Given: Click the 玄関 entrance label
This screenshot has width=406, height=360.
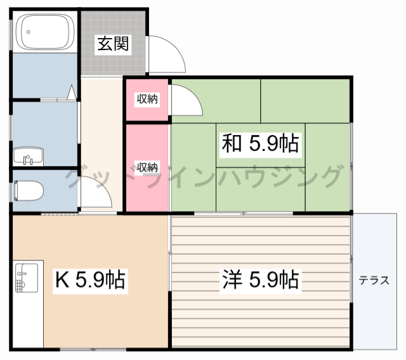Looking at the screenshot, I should coord(113,44).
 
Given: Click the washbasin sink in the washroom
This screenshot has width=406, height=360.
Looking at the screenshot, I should coord(28,155).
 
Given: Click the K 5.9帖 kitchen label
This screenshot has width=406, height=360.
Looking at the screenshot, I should coord(90,279).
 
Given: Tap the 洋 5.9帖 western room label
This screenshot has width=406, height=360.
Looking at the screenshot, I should coord(260,279).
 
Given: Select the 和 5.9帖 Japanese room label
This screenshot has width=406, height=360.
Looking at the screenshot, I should coord(260,145).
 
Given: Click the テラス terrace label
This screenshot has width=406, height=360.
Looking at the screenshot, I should coord(374,281).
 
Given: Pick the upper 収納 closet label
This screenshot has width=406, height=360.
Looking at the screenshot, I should coord(147,99).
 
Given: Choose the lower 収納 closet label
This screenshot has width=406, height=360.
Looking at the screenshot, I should coord(147,167).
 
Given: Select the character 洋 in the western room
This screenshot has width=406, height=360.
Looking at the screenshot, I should coord(230,279).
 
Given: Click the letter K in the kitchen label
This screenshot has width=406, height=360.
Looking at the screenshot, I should coord(62,279).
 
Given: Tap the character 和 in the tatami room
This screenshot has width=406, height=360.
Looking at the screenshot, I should coord(230,145).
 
